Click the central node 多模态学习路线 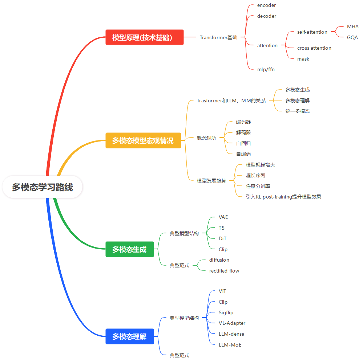click(43, 187)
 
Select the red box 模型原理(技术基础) click(144, 37)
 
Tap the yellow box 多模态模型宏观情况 click(143, 140)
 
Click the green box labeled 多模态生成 click(129, 249)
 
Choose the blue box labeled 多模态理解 click(129, 336)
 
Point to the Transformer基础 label click(218, 37)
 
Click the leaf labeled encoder click(266, 5)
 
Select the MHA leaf click(352, 27)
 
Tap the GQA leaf click(352, 37)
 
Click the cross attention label click(314, 48)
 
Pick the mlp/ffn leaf click(266, 69)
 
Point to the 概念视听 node click(206, 138)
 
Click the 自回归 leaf click(243, 143)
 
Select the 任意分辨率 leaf click(258, 186)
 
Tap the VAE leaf click(223, 217)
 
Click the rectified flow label click(224, 271)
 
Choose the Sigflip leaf click(226, 312)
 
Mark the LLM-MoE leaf click(230, 345)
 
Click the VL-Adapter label click(232, 323)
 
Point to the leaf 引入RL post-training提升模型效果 click(283, 197)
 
